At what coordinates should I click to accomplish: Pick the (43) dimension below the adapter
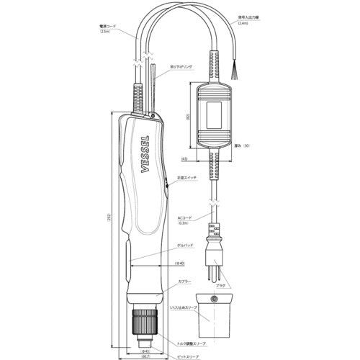point(185,159)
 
